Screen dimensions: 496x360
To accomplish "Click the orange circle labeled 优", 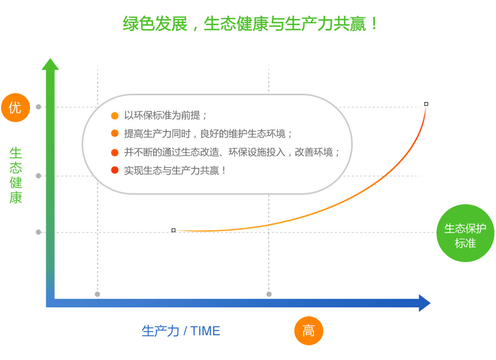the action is (15, 107).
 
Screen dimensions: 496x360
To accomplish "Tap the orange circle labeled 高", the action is (309, 331).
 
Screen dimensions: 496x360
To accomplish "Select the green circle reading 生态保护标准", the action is (465, 233).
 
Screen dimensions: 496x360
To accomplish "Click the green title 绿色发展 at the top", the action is (155, 24).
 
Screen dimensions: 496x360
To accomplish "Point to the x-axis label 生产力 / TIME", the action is (181, 331).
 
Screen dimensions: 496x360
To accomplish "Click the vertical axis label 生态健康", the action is (15, 175).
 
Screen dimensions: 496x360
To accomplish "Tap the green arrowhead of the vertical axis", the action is (51, 64).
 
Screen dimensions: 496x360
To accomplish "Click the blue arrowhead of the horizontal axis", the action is (424, 303).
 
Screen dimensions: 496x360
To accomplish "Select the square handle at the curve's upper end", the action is (426, 104).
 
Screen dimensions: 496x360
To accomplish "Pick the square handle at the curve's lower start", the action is (173, 230).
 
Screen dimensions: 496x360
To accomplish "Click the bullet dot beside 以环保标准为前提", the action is (115, 116).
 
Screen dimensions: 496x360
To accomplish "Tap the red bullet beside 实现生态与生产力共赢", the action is (115, 170).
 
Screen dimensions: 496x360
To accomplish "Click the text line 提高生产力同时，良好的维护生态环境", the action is (208, 134).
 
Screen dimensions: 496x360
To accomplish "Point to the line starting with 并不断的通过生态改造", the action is (232, 152).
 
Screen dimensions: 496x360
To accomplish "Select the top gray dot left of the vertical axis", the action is (38, 107).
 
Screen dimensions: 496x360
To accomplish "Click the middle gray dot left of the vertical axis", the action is (38, 176).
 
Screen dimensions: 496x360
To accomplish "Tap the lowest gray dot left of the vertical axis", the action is (38, 232).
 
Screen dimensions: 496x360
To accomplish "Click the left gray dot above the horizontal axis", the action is (97, 294).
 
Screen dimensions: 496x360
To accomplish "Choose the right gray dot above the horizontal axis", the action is (269, 294).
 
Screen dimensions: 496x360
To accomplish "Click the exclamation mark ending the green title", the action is (374, 24).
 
